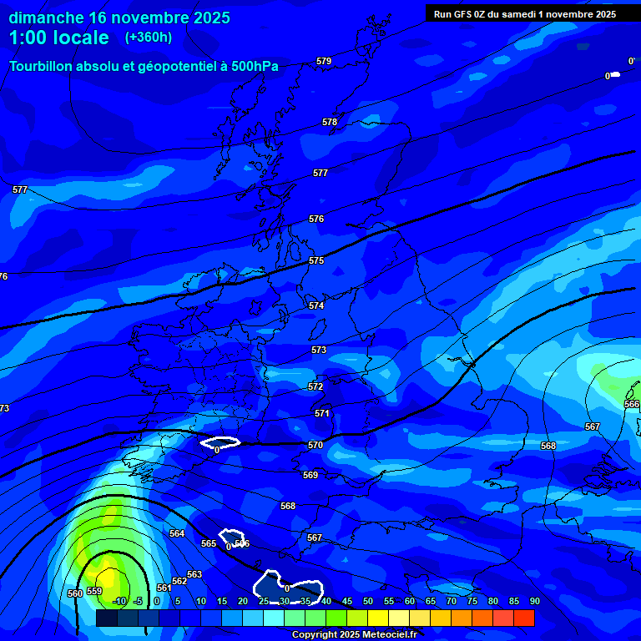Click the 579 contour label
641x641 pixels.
(x=324, y=61)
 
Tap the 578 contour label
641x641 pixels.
(x=330, y=122)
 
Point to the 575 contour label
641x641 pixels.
(x=316, y=261)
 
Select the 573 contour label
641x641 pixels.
(x=319, y=350)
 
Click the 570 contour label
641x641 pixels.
(x=315, y=445)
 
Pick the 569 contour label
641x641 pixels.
(x=310, y=475)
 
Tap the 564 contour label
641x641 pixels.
(x=177, y=533)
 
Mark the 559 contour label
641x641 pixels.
(x=94, y=591)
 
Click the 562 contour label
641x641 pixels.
(x=179, y=581)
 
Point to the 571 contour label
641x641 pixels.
(x=322, y=413)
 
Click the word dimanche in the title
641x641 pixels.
(x=46, y=18)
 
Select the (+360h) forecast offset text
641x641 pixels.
(x=149, y=38)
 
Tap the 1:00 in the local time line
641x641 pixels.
(x=30, y=38)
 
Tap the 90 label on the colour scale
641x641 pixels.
(x=534, y=601)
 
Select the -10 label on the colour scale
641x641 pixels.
(x=119, y=601)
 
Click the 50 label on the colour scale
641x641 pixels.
(x=368, y=601)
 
